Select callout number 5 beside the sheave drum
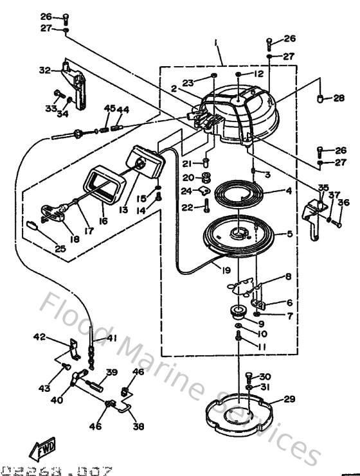pyautogui.click(x=289, y=235)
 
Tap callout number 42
pyautogui.click(x=40, y=336)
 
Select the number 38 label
pyautogui.click(x=138, y=425)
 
